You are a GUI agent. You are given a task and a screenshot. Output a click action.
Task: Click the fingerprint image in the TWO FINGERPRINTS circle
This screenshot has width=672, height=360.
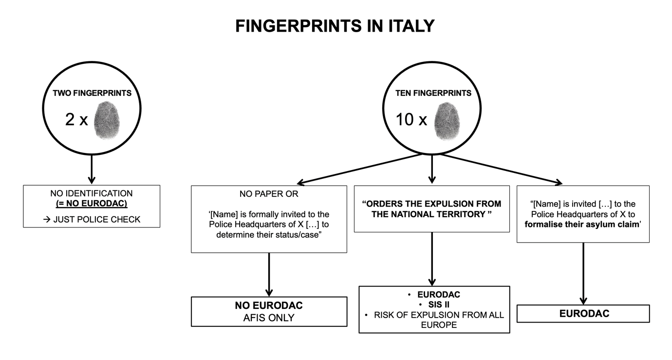107,119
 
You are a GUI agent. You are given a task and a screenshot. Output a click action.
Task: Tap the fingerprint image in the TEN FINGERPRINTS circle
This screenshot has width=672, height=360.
447,119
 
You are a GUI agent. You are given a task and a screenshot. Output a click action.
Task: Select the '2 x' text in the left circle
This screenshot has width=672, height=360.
76,120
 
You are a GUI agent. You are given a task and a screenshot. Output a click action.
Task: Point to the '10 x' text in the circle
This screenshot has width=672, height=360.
411,119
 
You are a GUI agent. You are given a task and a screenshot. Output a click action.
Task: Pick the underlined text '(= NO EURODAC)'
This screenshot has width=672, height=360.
92,203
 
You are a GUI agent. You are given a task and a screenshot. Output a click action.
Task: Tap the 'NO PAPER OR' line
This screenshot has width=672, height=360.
269,194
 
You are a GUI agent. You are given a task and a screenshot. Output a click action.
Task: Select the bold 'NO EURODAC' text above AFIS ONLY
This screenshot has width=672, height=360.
269,305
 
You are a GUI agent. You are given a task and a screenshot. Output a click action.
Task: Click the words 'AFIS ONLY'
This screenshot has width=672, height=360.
269,318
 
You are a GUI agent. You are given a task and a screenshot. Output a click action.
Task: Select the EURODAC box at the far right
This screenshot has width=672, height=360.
583,314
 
